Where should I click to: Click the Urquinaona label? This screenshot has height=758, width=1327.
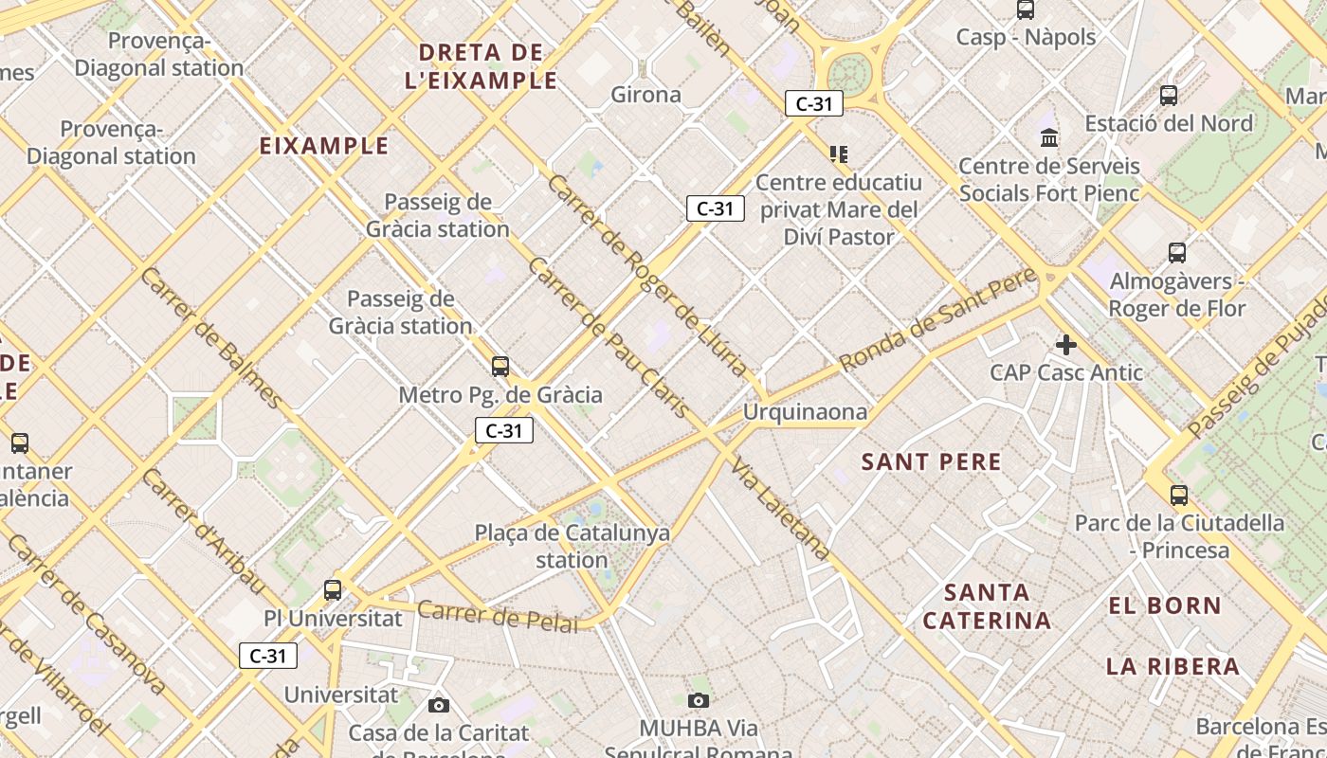805,412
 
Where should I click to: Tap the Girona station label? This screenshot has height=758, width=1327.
645,95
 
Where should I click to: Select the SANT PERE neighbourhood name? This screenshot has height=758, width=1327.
931,462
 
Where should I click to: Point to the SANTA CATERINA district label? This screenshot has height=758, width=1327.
987,606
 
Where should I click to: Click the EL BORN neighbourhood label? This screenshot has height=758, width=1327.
1165,605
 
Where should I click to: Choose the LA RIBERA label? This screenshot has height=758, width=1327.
1172,666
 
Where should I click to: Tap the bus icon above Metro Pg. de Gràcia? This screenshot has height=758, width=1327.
500,366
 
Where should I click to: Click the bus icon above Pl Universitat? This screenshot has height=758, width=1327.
333,589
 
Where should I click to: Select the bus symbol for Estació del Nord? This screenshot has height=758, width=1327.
1169,96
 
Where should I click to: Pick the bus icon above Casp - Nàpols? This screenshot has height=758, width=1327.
1026,9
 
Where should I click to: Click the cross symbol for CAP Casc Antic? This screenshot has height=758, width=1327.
1066,344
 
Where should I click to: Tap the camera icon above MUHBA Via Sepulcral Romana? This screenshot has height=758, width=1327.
699,700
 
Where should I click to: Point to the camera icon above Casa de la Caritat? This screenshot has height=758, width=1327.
438,705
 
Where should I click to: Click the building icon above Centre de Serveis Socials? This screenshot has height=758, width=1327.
1049,138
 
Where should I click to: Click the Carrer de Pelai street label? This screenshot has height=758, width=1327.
498,616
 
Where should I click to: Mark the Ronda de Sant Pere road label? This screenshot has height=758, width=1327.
937,319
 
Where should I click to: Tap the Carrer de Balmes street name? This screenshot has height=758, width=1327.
210,337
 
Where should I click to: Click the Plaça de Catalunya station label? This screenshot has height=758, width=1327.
572,546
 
